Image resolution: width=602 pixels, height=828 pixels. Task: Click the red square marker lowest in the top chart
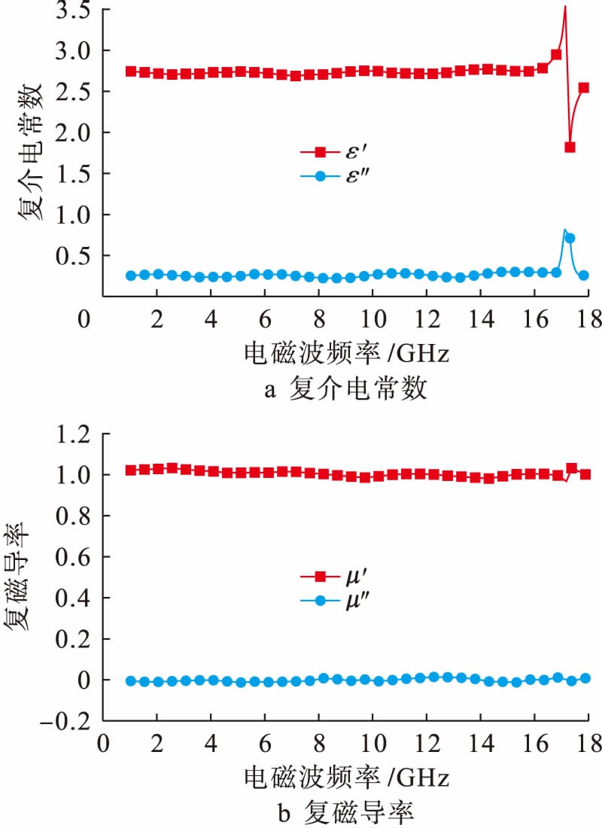(x=570, y=148)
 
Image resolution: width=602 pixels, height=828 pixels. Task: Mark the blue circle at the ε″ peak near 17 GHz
(x=570, y=238)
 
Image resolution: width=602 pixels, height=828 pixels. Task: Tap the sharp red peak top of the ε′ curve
(x=564, y=6)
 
